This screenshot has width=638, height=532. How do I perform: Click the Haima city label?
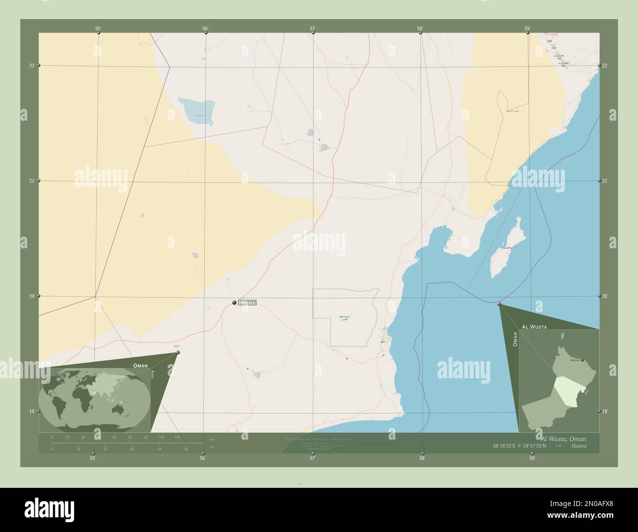coord(247,303)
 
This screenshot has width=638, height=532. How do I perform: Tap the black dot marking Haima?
coord(235,303)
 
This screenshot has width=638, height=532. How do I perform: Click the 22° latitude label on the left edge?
coord(32,65)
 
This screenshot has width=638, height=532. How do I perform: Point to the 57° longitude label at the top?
coord(313,28)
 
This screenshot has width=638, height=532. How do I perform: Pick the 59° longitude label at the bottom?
coord(532,458)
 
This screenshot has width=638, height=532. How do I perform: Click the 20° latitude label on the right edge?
coord(605,296)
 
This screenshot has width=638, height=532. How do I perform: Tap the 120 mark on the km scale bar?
coord(177,437)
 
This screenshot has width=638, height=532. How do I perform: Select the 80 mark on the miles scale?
coord(186,449)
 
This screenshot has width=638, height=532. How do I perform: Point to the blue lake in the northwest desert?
coord(197,111)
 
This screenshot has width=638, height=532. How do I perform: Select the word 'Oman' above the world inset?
coord(140,366)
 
